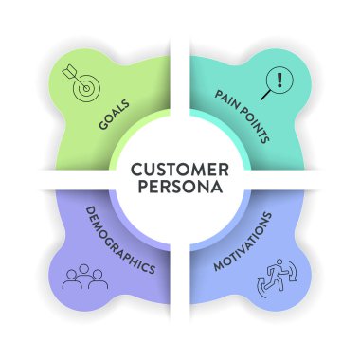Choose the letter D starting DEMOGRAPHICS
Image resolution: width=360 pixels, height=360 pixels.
90,211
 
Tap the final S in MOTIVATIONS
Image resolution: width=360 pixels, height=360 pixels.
267,215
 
